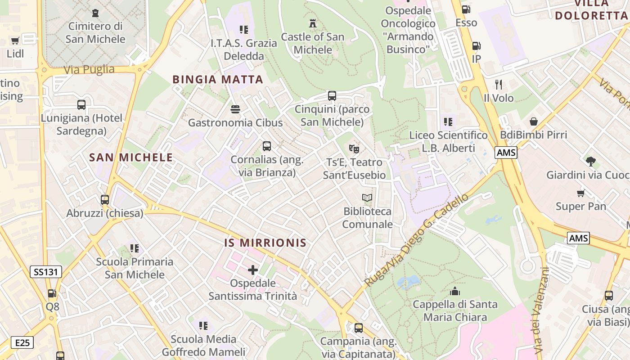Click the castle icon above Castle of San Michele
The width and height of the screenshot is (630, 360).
pyautogui.click(x=312, y=23)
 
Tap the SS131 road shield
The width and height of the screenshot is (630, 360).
pyautogui.click(x=46, y=272)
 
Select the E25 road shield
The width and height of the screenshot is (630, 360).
pyautogui.click(x=22, y=343)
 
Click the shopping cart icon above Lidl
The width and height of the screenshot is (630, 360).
pyautogui.click(x=15, y=40)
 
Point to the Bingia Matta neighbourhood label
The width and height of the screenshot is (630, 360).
pyautogui.click(x=218, y=80)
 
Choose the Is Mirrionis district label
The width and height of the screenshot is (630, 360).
pyautogui.click(x=265, y=243)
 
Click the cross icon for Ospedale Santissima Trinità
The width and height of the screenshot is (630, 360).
pyautogui.click(x=253, y=270)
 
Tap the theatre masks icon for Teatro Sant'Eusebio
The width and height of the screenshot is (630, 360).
pyautogui.click(x=354, y=148)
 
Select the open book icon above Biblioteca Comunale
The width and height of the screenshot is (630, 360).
pyautogui.click(x=367, y=198)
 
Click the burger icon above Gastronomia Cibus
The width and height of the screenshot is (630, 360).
pyautogui.click(x=235, y=109)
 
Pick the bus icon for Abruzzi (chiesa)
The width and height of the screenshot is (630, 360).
pyautogui.click(x=105, y=199)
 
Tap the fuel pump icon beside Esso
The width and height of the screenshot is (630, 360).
pyautogui.click(x=466, y=9)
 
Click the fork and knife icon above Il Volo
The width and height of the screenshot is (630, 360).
pyautogui.click(x=499, y=84)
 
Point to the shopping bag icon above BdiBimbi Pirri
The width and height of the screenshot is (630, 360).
pyautogui.click(x=534, y=121)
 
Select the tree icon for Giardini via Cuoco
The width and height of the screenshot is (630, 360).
pyautogui.click(x=590, y=161)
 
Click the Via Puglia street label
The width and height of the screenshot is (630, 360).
pyautogui.click(x=89, y=69)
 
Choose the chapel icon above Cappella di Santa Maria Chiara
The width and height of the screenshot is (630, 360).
pyautogui.click(x=455, y=291)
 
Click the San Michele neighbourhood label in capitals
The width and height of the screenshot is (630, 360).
pyautogui.click(x=131, y=157)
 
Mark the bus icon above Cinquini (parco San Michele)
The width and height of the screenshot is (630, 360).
pyautogui.click(x=332, y=95)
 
